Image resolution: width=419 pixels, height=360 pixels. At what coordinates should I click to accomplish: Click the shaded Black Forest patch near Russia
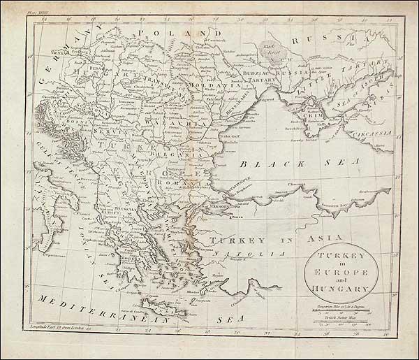click(266, 48)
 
